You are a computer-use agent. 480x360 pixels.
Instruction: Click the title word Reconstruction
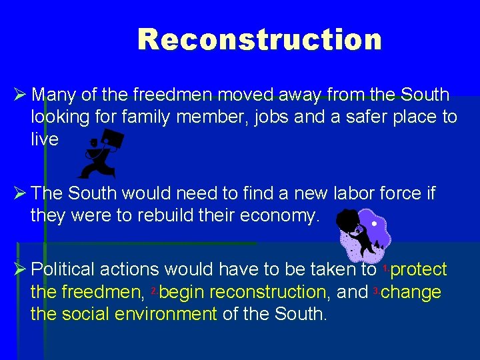pos(259,39)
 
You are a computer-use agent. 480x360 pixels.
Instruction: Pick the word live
pos(45,140)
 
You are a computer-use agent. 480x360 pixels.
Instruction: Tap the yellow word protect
pos(419,269)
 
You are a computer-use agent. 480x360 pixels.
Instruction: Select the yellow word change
pos(411,292)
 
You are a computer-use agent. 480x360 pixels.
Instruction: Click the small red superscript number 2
pos(153,290)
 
